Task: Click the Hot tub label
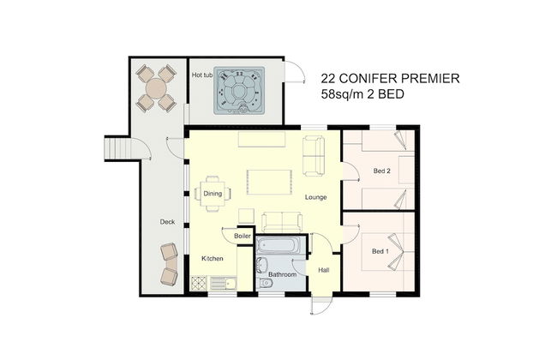click(x=202, y=75)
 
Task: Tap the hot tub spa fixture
click(x=239, y=91)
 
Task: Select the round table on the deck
click(x=156, y=88)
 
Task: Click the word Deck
click(x=167, y=222)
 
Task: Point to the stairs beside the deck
click(x=117, y=148)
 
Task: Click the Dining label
click(x=213, y=194)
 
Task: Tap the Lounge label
click(x=316, y=197)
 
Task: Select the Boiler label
click(x=243, y=236)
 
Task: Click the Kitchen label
click(x=213, y=258)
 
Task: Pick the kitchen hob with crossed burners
click(x=199, y=283)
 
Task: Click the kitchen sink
click(x=223, y=283)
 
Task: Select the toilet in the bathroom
click(x=266, y=283)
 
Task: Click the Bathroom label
click(x=282, y=274)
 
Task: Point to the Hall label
click(x=324, y=270)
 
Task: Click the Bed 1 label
click(x=380, y=252)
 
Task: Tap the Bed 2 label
click(x=382, y=171)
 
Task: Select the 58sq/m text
click(x=343, y=94)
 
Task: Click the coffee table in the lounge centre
click(x=269, y=182)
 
